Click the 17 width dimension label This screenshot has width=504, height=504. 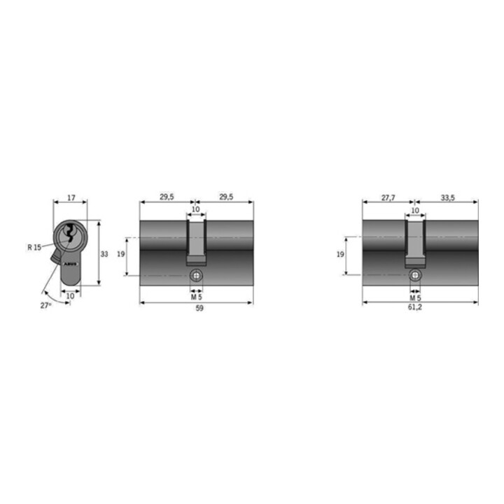click(x=71, y=197)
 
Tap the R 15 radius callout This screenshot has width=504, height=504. click(x=34, y=247)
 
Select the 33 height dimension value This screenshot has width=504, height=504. click(x=104, y=254)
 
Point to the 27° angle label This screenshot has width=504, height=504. click(x=45, y=305)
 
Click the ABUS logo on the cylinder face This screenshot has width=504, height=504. click(x=71, y=264)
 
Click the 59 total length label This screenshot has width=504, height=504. click(x=199, y=308)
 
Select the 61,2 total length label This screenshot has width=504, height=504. click(x=414, y=307)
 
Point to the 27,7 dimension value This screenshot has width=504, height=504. click(x=388, y=197)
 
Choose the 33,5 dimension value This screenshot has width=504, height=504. click(x=447, y=197)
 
